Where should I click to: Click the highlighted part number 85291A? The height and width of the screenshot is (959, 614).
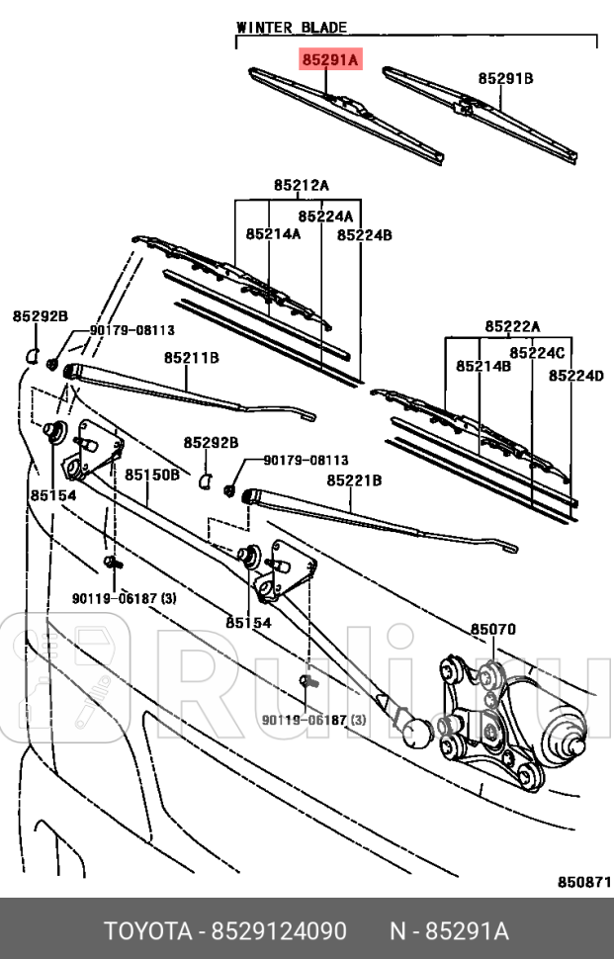(330, 61)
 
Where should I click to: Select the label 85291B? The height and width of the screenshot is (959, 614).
(506, 77)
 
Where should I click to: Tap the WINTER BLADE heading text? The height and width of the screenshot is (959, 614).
(292, 28)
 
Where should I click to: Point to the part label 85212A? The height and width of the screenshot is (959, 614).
(302, 185)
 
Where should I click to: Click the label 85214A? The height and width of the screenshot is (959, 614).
(274, 234)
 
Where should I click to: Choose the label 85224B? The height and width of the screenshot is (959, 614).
(365, 235)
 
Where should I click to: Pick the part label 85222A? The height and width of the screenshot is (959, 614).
(512, 326)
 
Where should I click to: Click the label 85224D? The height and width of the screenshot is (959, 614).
(576, 376)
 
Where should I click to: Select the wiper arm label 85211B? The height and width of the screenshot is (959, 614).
(192, 357)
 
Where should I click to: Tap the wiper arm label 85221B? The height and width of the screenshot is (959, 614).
(354, 481)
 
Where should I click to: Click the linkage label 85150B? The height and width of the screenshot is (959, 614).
(152, 475)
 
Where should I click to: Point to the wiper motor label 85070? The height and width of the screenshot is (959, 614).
(492, 630)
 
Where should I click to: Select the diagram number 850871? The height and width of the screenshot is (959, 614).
(582, 881)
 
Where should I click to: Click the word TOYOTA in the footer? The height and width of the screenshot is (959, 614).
(148, 932)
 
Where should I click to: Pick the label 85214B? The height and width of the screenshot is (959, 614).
(483, 366)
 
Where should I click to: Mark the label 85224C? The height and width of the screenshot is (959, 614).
(537, 353)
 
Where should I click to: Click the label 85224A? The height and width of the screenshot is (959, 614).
(326, 216)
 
